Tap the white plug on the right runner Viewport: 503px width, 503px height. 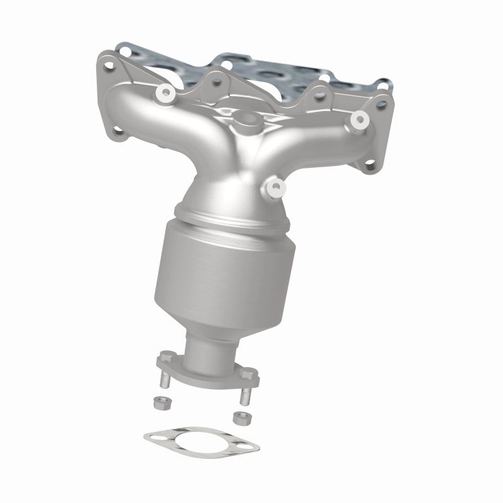tap(360, 118)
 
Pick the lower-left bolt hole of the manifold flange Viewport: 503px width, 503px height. tap(118, 131)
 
